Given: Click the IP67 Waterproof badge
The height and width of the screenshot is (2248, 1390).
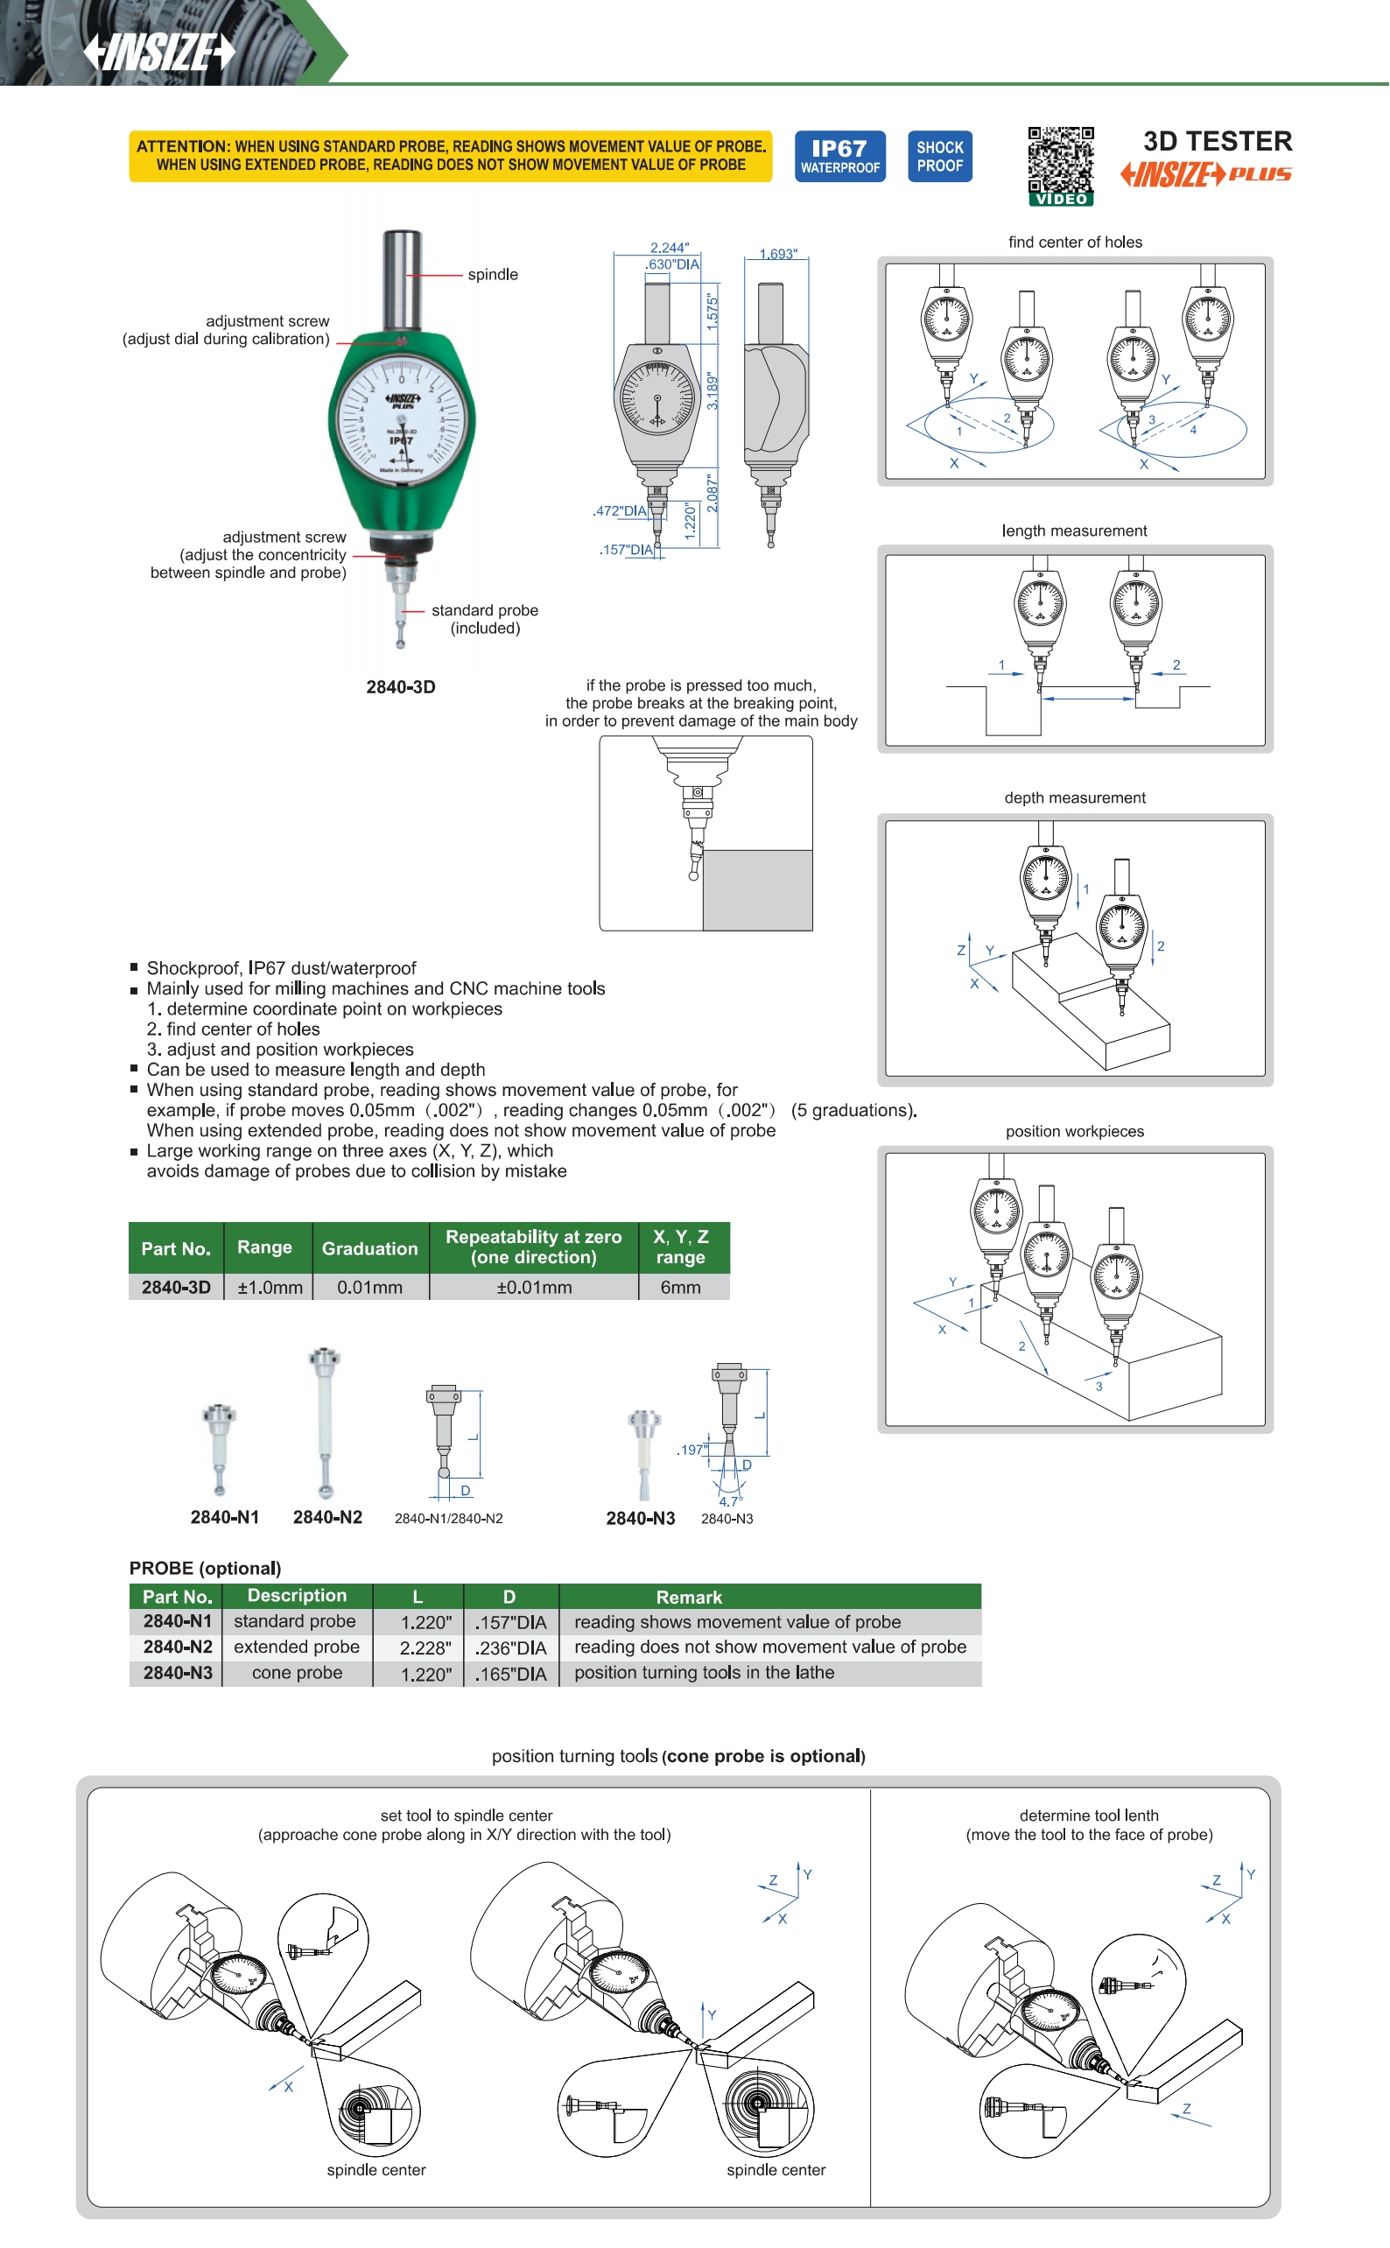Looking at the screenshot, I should point(839,156).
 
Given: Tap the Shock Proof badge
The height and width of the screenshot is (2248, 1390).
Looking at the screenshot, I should point(939,156).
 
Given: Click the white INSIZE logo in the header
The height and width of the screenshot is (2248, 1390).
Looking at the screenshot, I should point(160,52).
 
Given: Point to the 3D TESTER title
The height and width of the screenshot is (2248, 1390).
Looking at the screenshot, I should point(1218,141).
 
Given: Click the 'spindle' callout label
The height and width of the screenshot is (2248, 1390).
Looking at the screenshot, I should point(493,274).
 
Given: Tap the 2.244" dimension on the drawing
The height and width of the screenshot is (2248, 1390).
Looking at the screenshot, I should point(669,248).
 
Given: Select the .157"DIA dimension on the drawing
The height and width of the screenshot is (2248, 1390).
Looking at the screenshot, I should point(626,550).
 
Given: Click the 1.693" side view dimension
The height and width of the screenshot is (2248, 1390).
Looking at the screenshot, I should point(778,253).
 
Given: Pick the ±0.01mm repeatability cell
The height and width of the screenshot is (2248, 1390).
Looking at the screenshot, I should point(533,1287).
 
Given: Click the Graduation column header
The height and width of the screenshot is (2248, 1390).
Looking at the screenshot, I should point(369,1247).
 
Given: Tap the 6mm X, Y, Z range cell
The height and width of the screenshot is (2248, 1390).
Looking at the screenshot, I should point(680,1287).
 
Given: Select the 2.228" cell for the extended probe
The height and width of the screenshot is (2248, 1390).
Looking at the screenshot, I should point(425,1647).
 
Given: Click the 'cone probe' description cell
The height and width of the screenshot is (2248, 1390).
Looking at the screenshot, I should point(297,1673).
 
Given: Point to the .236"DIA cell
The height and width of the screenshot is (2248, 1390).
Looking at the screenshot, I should point(510,1647).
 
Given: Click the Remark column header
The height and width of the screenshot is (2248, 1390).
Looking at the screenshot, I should point(689,1597).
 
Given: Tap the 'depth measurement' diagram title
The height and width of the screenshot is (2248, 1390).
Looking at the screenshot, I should point(1075,797).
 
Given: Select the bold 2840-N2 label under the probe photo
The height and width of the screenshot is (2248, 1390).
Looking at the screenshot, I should point(327,1517).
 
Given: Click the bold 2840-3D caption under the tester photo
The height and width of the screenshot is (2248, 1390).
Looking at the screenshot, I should point(401,687).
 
